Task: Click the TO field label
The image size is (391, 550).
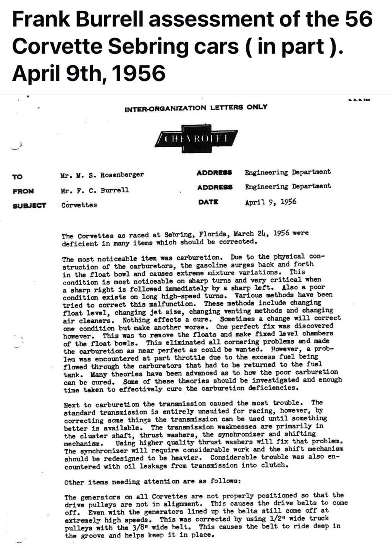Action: [17, 177]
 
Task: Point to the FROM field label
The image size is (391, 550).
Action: [23, 191]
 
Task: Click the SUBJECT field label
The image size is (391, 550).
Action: [29, 205]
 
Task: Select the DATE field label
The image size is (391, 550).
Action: [208, 202]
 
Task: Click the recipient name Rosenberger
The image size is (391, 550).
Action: [122, 175]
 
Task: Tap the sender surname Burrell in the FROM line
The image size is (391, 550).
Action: [115, 190]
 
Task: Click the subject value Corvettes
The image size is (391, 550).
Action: [79, 205]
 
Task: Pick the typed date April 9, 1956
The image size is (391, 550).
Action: [271, 202]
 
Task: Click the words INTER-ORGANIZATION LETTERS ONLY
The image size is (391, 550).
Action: [196, 108]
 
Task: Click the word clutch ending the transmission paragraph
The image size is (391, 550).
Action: [274, 465]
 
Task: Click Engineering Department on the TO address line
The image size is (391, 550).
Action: [288, 172]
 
